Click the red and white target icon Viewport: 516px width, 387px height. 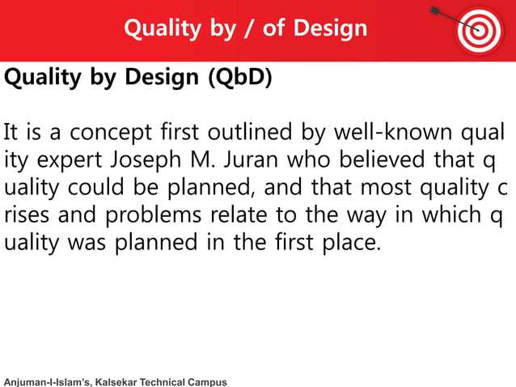point(480,30)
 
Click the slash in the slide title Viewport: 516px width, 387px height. point(245,29)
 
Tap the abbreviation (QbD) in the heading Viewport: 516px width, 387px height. point(240,78)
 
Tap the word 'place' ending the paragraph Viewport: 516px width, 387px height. point(350,243)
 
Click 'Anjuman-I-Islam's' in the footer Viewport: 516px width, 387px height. point(47,381)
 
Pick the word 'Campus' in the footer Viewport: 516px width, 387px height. point(207,381)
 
